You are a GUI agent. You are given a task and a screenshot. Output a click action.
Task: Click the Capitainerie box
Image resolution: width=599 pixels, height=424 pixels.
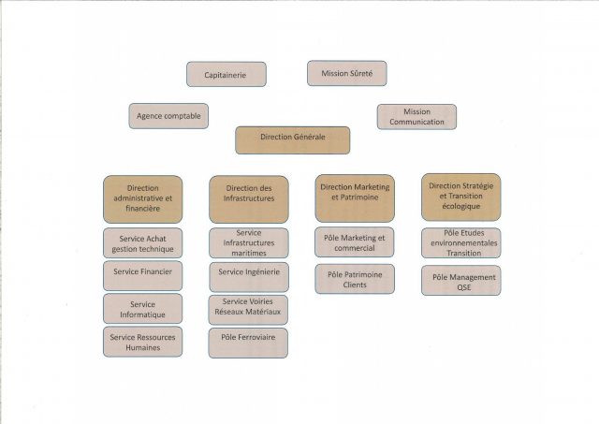[226, 75]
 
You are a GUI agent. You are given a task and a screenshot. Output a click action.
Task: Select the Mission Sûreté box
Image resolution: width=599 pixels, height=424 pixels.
[347, 73]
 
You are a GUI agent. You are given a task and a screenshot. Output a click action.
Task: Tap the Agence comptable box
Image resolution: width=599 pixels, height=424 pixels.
[168, 116]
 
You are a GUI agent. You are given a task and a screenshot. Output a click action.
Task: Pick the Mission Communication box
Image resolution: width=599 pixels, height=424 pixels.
[416, 117]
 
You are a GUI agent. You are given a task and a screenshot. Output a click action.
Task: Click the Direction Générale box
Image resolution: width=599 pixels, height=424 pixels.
[293, 140]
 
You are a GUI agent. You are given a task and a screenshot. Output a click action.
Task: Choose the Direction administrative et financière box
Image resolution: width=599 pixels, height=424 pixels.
[143, 199]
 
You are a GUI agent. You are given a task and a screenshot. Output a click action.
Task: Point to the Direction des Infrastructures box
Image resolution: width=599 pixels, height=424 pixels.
[249, 199]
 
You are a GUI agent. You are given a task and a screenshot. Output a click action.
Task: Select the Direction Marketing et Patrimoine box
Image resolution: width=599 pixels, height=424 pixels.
[355, 198]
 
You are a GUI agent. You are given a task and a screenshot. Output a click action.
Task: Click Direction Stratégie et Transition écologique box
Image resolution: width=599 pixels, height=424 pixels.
[461, 197]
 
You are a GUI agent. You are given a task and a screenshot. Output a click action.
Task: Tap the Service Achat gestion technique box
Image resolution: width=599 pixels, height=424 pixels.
[143, 243]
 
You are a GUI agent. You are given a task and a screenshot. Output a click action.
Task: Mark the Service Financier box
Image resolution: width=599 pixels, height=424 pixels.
[143, 276]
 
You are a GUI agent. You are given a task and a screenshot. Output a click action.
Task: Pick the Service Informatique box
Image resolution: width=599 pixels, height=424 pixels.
[143, 309]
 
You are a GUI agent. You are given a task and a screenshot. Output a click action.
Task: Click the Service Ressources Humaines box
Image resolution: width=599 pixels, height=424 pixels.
[143, 342]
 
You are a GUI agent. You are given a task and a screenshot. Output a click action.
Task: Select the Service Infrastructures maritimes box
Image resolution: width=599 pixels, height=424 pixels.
[249, 243]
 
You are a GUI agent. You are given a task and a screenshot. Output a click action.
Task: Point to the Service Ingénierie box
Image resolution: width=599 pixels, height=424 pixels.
[249, 277]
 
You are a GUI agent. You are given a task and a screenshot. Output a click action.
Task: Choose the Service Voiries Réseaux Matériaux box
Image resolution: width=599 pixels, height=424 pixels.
[248, 310]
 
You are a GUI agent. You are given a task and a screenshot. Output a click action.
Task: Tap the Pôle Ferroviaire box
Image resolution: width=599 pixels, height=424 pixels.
[248, 343]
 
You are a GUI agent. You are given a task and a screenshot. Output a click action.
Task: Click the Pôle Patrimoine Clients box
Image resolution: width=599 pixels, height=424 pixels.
[355, 279]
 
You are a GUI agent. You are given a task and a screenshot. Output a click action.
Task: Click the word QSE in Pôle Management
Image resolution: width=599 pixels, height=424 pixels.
[464, 287]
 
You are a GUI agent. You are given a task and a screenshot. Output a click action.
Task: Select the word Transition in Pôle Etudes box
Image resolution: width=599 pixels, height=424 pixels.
[464, 253]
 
